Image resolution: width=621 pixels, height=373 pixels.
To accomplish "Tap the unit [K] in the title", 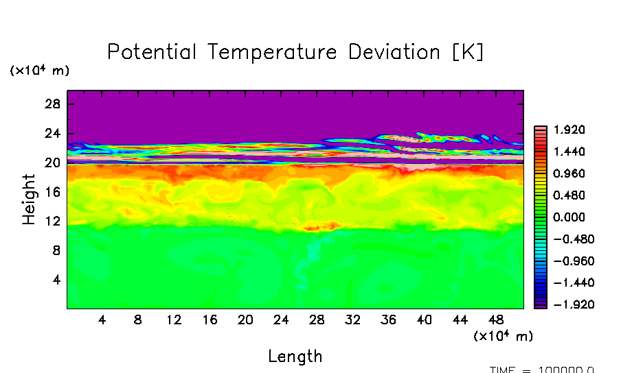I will tap(468, 52).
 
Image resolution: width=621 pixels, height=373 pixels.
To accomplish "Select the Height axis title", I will tap(29, 199).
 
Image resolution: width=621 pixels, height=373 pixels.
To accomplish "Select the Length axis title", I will tap(295, 357).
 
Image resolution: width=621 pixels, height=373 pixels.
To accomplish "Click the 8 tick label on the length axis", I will tap(138, 320).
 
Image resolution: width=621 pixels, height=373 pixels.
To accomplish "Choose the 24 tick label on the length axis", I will tap(281, 320).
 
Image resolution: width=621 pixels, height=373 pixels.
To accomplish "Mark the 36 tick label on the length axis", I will tap(389, 320).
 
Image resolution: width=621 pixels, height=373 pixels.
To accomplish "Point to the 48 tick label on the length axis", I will tap(496, 320).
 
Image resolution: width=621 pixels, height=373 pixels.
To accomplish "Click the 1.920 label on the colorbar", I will tap(569, 130).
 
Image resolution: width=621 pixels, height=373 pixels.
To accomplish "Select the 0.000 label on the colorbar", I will tap(569, 217).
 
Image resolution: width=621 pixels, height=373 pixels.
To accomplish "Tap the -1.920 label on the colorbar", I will tap(567, 304).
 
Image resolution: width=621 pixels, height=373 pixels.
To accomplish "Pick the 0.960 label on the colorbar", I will tap(569, 173).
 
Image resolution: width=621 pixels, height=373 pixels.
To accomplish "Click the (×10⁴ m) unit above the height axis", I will tap(39, 71).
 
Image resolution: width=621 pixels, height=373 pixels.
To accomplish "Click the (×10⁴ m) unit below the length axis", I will tap(503, 336).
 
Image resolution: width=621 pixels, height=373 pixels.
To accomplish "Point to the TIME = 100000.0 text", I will tap(542, 370).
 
